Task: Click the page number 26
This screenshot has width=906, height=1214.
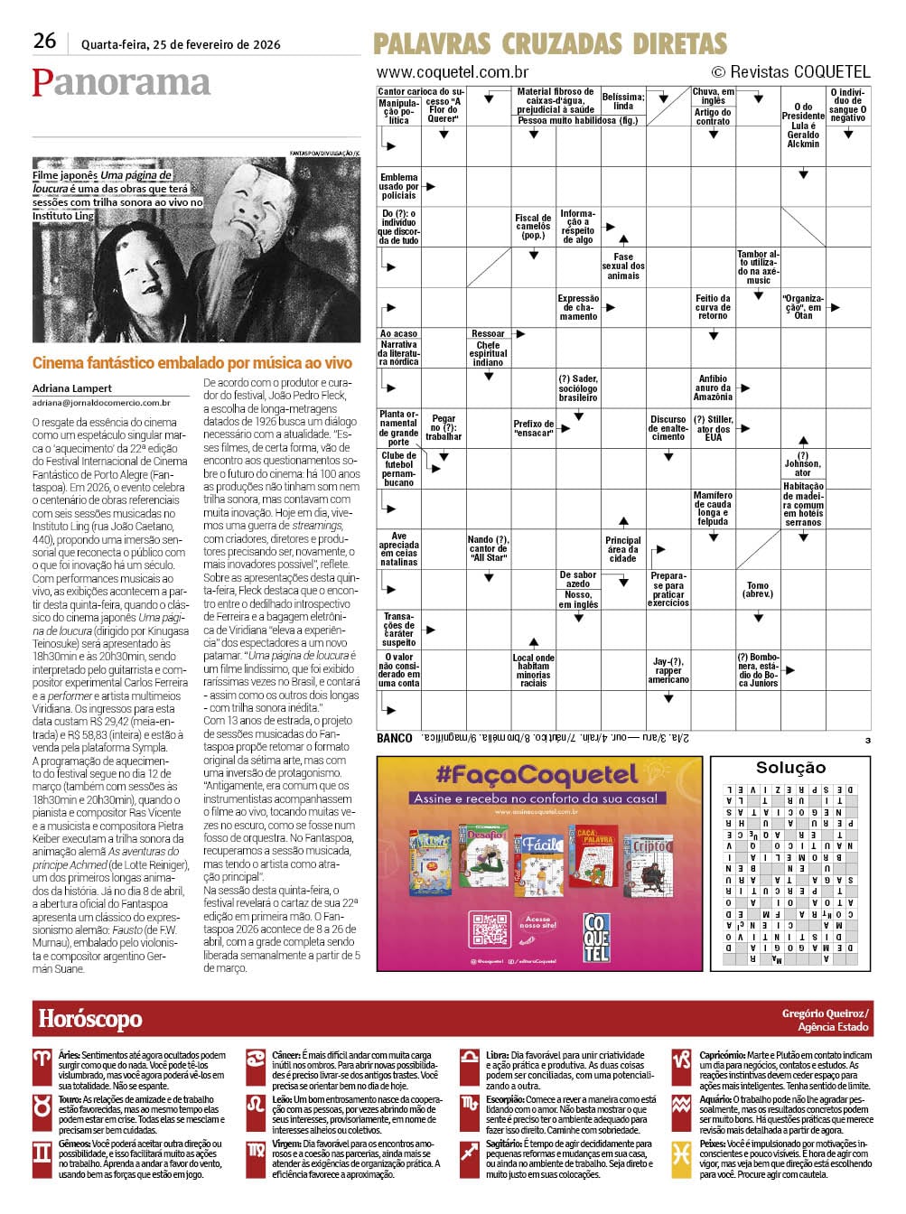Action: point(44,41)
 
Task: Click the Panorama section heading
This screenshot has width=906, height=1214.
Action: point(121,82)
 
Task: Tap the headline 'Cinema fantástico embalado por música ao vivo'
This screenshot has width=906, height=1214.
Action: point(191,363)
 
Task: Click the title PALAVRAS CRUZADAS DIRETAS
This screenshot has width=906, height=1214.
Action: point(549,43)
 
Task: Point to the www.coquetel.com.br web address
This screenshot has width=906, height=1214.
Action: point(452,72)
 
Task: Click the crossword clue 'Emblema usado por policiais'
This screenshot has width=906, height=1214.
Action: point(398,186)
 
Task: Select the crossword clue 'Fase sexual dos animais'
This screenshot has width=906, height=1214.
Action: point(623,266)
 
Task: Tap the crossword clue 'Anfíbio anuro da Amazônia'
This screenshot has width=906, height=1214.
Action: point(713,388)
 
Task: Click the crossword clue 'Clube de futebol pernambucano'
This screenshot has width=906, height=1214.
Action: point(398,469)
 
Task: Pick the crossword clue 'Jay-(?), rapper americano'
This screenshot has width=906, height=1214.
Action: point(668,670)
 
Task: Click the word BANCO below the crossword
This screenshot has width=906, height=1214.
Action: point(394,738)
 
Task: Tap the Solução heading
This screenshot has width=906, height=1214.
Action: point(790,767)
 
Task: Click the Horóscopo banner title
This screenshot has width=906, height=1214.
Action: point(90,1019)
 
